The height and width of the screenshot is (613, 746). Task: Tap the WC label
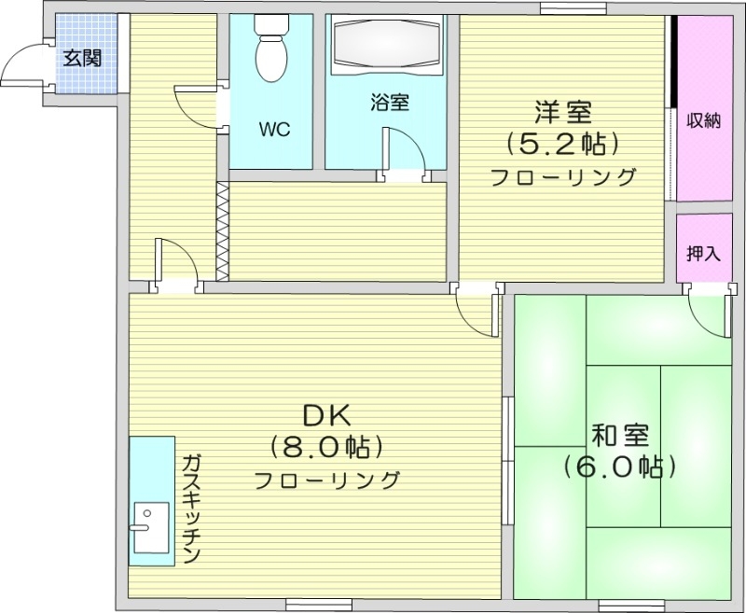275,131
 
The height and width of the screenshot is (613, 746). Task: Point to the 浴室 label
389,102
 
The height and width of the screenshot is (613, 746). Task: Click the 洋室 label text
564,113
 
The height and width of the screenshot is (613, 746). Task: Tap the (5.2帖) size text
563,144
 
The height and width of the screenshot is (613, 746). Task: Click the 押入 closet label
703,252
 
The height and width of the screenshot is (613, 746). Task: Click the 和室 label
619,434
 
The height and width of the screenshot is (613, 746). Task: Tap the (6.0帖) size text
619,464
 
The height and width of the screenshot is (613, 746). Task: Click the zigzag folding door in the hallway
222,230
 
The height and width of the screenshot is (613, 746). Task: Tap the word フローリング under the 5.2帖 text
564,176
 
